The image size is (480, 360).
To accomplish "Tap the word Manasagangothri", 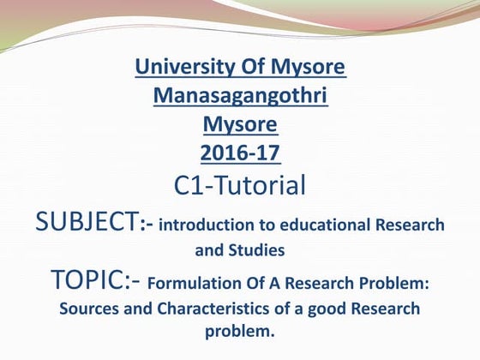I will (240, 95).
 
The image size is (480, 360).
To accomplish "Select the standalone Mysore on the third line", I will (240, 124).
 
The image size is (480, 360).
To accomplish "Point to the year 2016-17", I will (240, 153).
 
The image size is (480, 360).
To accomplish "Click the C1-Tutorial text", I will (240, 185).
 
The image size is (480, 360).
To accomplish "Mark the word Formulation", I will (193, 282).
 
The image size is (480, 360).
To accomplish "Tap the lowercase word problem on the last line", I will (240, 331).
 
